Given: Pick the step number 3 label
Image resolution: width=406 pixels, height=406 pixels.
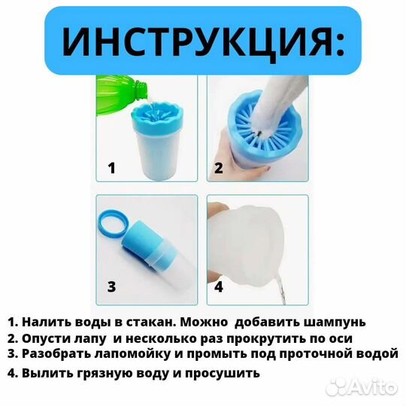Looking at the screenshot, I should coord(111,286).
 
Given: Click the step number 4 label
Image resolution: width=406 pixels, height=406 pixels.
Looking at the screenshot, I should coord(219,286).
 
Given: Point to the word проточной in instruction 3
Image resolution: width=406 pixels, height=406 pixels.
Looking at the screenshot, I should coord(326,355).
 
